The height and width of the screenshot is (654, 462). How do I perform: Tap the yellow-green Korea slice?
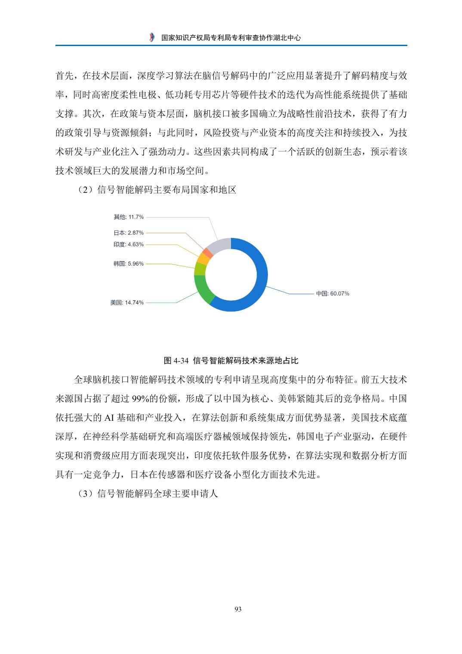200,268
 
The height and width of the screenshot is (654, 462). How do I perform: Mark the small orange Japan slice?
208,251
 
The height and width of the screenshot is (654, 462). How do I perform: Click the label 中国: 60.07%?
333,293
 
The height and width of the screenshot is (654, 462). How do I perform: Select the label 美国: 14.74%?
127,302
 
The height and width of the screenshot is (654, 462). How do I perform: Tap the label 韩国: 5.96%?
129,263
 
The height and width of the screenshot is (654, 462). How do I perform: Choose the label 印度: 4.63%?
129,244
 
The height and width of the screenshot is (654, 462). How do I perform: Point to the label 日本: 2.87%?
129,232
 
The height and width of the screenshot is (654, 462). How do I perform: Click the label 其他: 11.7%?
129,216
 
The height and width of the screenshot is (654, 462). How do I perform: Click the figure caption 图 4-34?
231,360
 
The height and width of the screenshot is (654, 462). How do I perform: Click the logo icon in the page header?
151,37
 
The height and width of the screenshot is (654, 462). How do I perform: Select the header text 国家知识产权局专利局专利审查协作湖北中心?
231,38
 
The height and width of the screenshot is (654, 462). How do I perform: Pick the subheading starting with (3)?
147,494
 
